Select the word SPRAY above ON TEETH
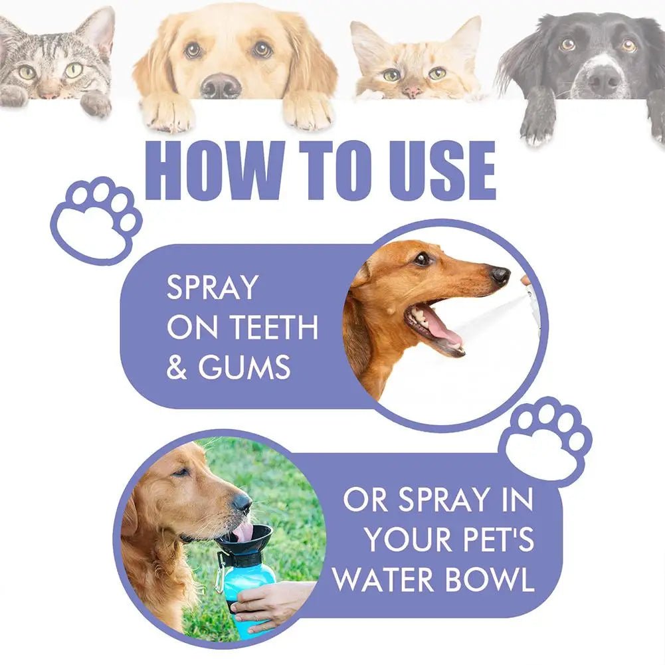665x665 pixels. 212,288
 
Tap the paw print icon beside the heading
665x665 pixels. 96,220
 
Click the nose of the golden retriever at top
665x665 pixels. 221,86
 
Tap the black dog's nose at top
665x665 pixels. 604,80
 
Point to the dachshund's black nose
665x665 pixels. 500,275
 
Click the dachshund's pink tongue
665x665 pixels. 443,330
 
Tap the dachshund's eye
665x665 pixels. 422,259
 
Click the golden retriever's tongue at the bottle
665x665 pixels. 242,531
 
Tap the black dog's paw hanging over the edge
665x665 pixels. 539,123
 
